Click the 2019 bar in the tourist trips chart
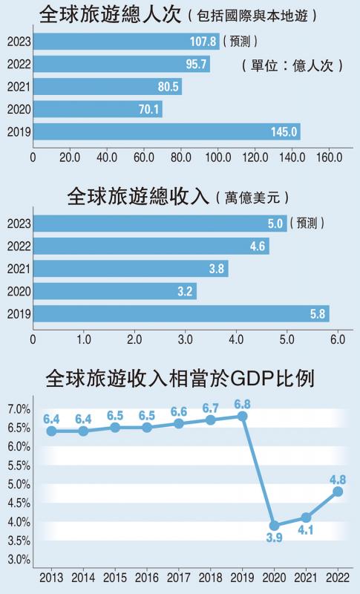[x=166, y=132]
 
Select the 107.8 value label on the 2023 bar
[x=203, y=42]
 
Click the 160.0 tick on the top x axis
[x=329, y=157]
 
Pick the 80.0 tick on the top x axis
[x=180, y=157]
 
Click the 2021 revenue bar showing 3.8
[x=130, y=269]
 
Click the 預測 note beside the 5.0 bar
[x=309, y=223]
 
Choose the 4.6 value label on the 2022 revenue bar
[x=255, y=247]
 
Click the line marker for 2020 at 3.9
[x=274, y=525]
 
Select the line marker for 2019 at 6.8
[x=242, y=416]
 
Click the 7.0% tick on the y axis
[x=18, y=409]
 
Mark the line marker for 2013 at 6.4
[x=51, y=431]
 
